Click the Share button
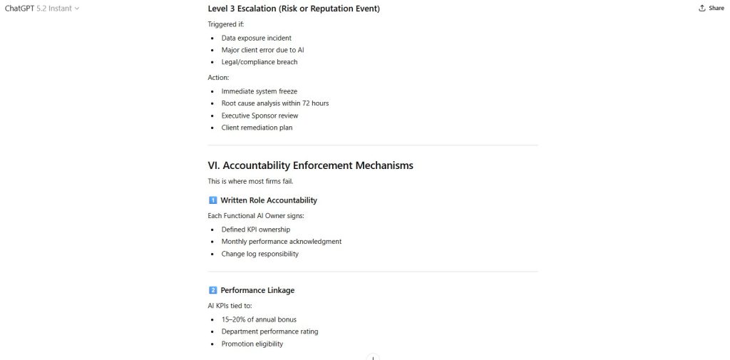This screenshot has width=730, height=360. click(711, 9)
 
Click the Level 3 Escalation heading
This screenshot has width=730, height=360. click(294, 9)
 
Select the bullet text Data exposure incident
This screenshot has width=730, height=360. click(256, 38)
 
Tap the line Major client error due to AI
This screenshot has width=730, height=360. click(263, 50)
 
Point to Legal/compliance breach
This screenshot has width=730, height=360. click(259, 62)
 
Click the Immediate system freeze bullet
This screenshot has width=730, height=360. click(259, 91)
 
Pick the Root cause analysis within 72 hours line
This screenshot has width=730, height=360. click(274, 103)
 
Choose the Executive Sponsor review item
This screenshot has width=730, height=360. click(259, 115)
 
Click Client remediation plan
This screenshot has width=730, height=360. click(257, 128)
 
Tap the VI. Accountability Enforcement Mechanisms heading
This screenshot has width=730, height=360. click(310, 165)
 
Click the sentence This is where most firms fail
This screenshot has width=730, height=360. click(250, 181)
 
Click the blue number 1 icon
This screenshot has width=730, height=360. click(212, 200)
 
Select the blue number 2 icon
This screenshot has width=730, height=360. click(212, 290)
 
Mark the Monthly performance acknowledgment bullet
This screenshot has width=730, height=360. click(281, 242)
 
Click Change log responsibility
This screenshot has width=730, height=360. click(259, 254)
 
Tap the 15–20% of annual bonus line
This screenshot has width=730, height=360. click(259, 319)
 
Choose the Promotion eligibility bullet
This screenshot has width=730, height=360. click(252, 344)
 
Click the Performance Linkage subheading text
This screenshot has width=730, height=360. click(257, 290)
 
